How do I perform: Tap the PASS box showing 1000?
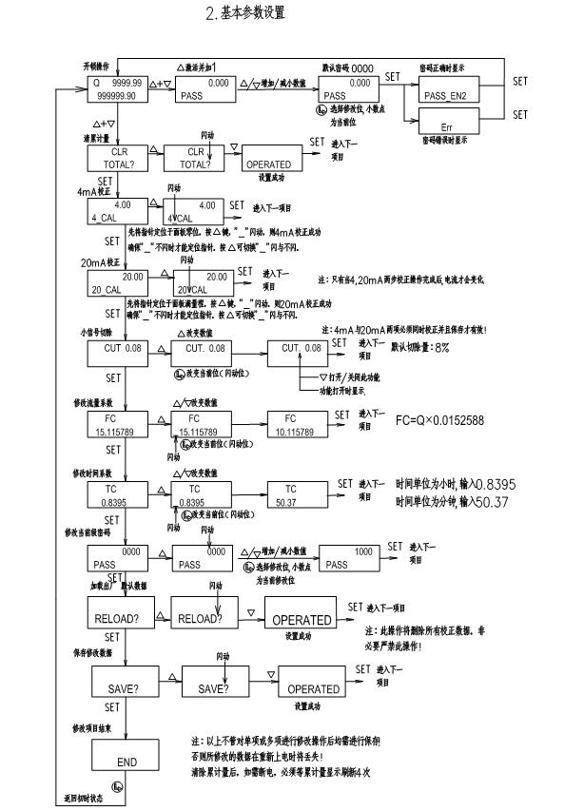(x=351, y=556)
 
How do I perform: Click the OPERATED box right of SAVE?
(x=313, y=683)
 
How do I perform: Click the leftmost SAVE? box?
(x=127, y=683)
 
